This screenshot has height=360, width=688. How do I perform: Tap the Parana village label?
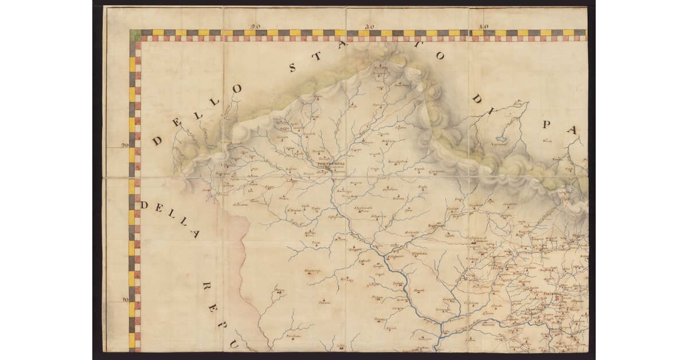tap(325, 302)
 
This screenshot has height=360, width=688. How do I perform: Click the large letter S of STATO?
tap(293, 68)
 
